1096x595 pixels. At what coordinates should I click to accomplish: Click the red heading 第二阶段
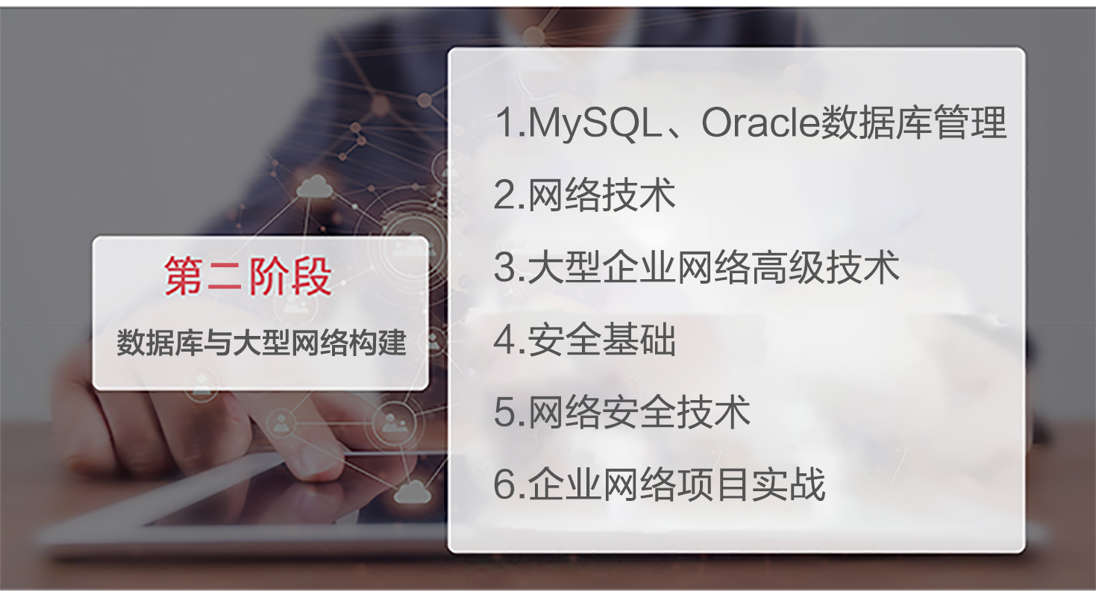pyautogui.click(x=248, y=276)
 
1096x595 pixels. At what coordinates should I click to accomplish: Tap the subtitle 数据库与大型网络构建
pyautogui.click(x=261, y=343)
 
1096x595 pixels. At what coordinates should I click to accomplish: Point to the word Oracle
pyautogui.click(x=760, y=122)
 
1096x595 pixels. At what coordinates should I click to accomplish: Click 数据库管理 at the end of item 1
pyautogui.click(x=913, y=122)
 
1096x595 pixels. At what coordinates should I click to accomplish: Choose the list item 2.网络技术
pyautogui.click(x=585, y=196)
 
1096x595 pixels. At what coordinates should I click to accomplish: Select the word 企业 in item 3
pyautogui.click(x=639, y=267)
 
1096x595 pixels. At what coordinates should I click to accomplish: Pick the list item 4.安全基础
pyautogui.click(x=585, y=340)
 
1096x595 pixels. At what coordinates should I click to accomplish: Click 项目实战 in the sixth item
pyautogui.click(x=751, y=485)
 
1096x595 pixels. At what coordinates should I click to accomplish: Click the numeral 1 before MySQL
pyautogui.click(x=507, y=122)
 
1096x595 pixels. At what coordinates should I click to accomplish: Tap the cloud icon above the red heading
pyautogui.click(x=313, y=187)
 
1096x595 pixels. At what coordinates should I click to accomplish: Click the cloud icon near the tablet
pyautogui.click(x=412, y=491)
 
